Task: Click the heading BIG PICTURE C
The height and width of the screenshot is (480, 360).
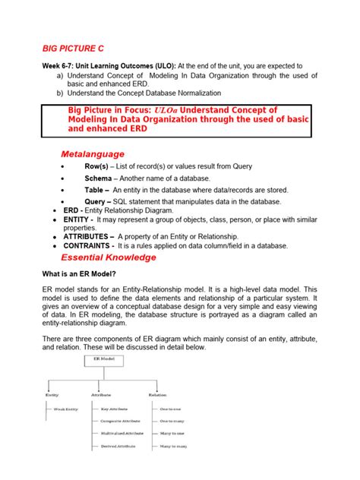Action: (x=75, y=49)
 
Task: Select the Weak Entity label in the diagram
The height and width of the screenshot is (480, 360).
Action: (x=67, y=408)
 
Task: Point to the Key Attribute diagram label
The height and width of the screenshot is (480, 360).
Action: (x=115, y=408)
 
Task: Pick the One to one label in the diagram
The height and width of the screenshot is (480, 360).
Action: (x=170, y=408)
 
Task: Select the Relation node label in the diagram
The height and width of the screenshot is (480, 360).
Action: (x=157, y=395)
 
